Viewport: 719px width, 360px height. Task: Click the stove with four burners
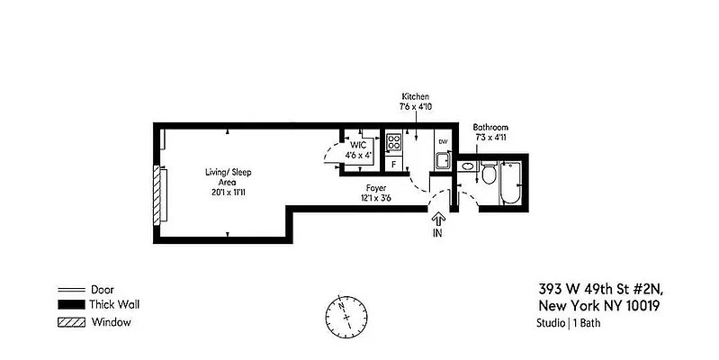[393, 142]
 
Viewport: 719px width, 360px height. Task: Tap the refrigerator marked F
[393, 164]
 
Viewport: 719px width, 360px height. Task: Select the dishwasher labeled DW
[442, 142]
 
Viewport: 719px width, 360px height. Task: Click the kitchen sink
[442, 162]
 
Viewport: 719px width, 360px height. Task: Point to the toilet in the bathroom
[487, 174]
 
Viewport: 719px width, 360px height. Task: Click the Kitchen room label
[416, 95]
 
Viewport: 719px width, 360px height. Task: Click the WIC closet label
[358, 144]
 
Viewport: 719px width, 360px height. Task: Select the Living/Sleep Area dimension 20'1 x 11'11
[220, 193]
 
